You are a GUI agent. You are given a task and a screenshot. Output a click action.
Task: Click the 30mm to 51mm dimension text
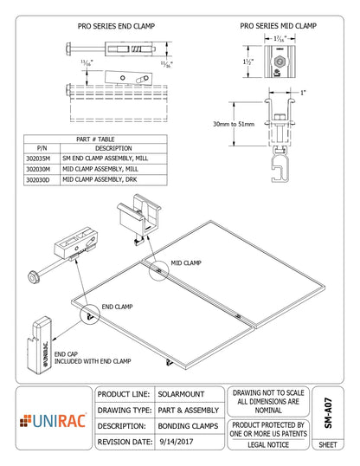[235, 125]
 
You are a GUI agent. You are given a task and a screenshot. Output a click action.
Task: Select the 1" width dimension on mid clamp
[302, 92]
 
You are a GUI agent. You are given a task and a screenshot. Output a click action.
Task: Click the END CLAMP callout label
[117, 307]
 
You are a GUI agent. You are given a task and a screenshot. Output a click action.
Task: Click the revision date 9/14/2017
[176, 440]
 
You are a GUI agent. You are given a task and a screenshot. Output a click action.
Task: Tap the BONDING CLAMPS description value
[188, 424]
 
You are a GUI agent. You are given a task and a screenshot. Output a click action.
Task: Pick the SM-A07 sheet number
[327, 407]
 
